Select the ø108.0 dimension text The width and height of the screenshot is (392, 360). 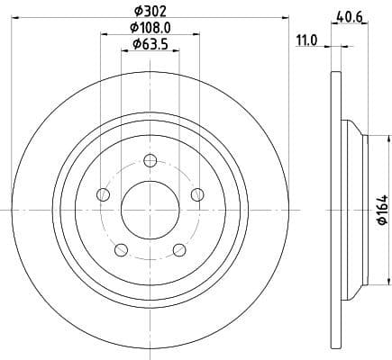click(x=150, y=28)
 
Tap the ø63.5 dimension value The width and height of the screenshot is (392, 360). click(x=150, y=45)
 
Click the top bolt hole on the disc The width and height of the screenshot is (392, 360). click(x=150, y=162)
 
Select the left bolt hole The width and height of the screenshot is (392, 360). click(x=103, y=195)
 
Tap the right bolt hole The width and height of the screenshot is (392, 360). click(x=196, y=195)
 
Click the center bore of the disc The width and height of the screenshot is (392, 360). click(x=150, y=209)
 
